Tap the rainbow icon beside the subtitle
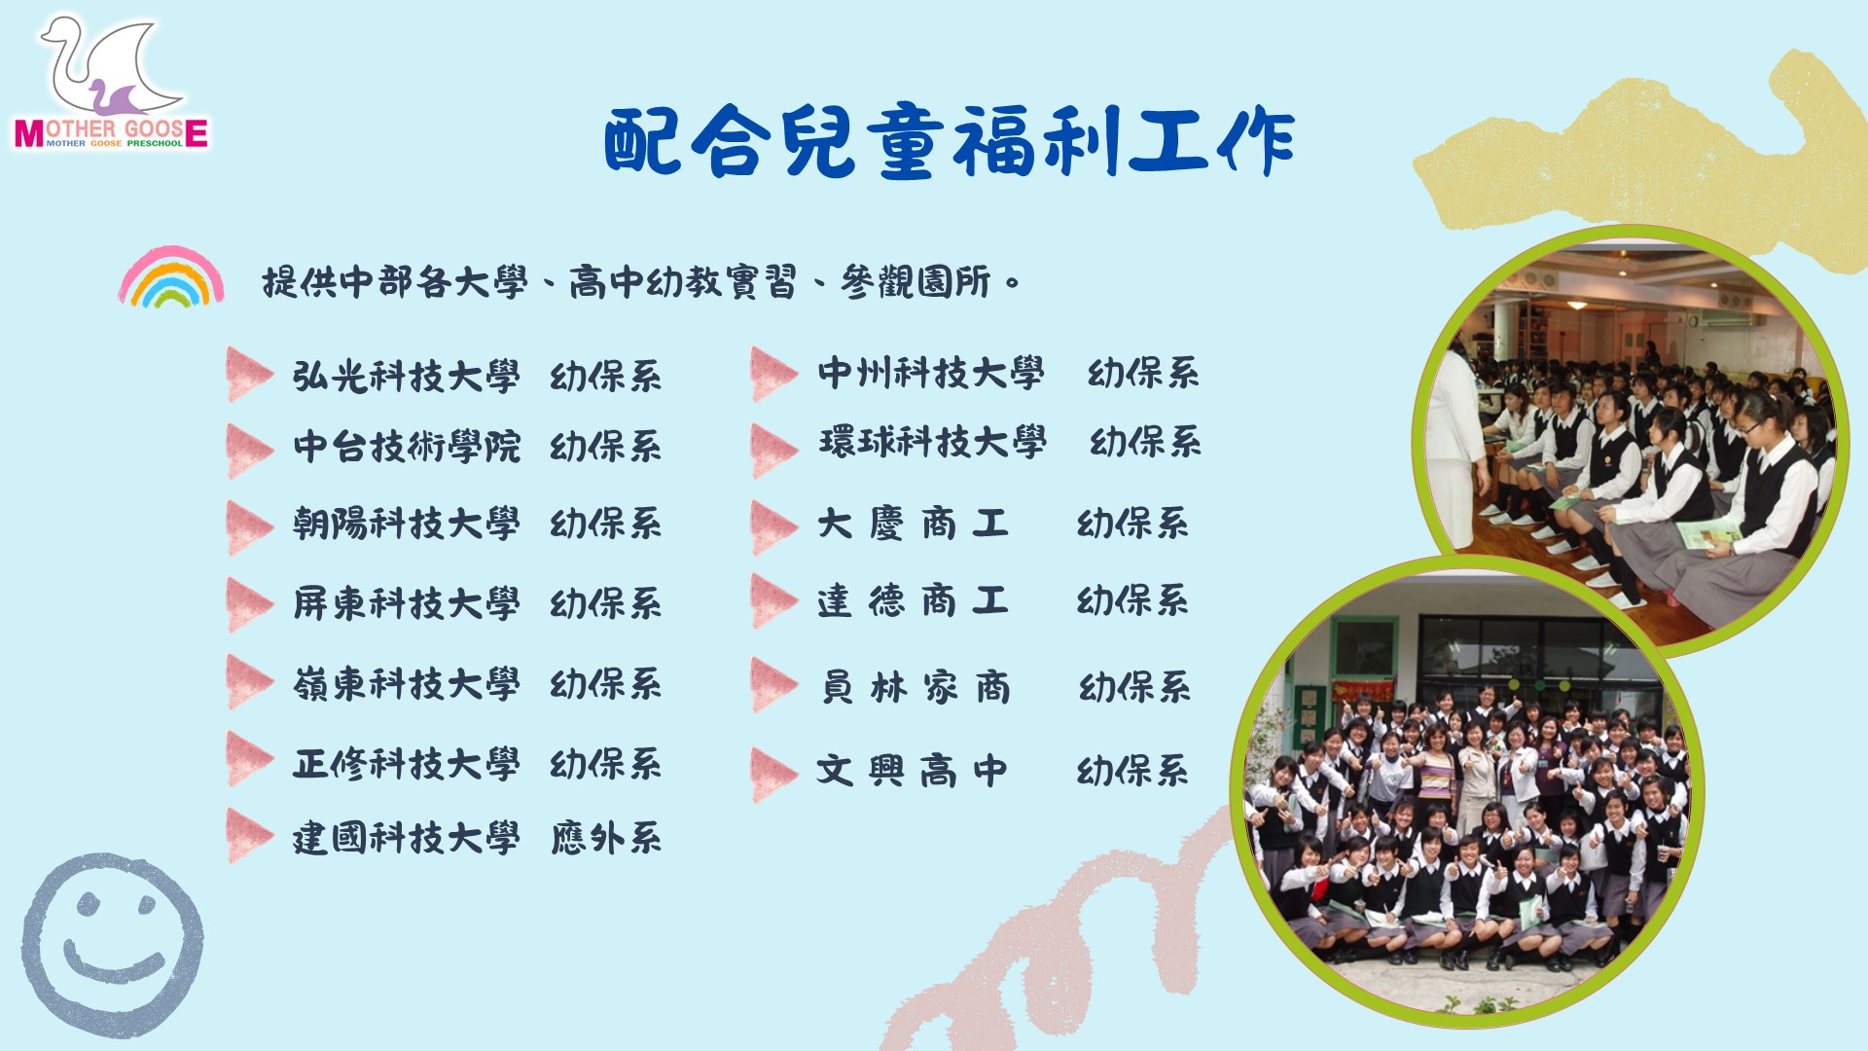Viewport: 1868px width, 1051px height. point(171,278)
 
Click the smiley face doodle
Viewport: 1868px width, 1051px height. point(113,944)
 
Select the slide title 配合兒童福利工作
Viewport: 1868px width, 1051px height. point(950,142)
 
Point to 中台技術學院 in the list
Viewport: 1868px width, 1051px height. point(407,447)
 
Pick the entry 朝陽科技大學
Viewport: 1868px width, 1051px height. point(407,524)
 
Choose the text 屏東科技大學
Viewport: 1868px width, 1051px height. point(407,603)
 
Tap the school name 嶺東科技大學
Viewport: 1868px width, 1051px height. point(407,683)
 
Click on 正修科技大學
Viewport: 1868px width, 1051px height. point(407,763)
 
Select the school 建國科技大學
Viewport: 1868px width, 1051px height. point(407,837)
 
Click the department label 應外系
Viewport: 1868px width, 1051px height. point(606,837)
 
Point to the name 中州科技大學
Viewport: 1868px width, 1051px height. point(931,373)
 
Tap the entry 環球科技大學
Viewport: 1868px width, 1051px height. point(932,443)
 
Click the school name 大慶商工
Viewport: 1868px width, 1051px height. point(913,524)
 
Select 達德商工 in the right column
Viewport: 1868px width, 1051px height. point(913,600)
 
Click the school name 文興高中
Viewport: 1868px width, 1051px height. point(913,771)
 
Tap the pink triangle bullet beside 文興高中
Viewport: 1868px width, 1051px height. point(774,774)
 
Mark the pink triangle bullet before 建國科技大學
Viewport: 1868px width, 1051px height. point(249,835)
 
